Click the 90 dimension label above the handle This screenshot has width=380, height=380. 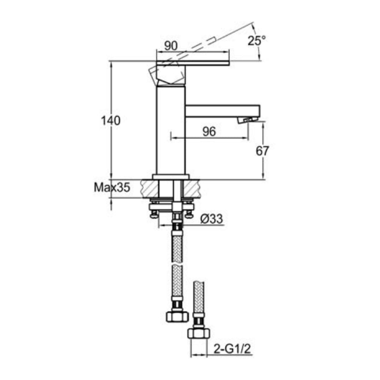171,46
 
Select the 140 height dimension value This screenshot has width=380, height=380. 111,121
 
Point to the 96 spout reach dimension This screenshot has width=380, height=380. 209,131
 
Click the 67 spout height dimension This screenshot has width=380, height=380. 262,151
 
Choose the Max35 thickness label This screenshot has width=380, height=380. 112,187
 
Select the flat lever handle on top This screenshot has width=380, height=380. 194,63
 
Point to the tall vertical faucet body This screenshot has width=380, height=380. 171,129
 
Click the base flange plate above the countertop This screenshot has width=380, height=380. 171,177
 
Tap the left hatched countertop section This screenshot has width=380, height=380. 149,188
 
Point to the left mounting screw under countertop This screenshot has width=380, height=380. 154,212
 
